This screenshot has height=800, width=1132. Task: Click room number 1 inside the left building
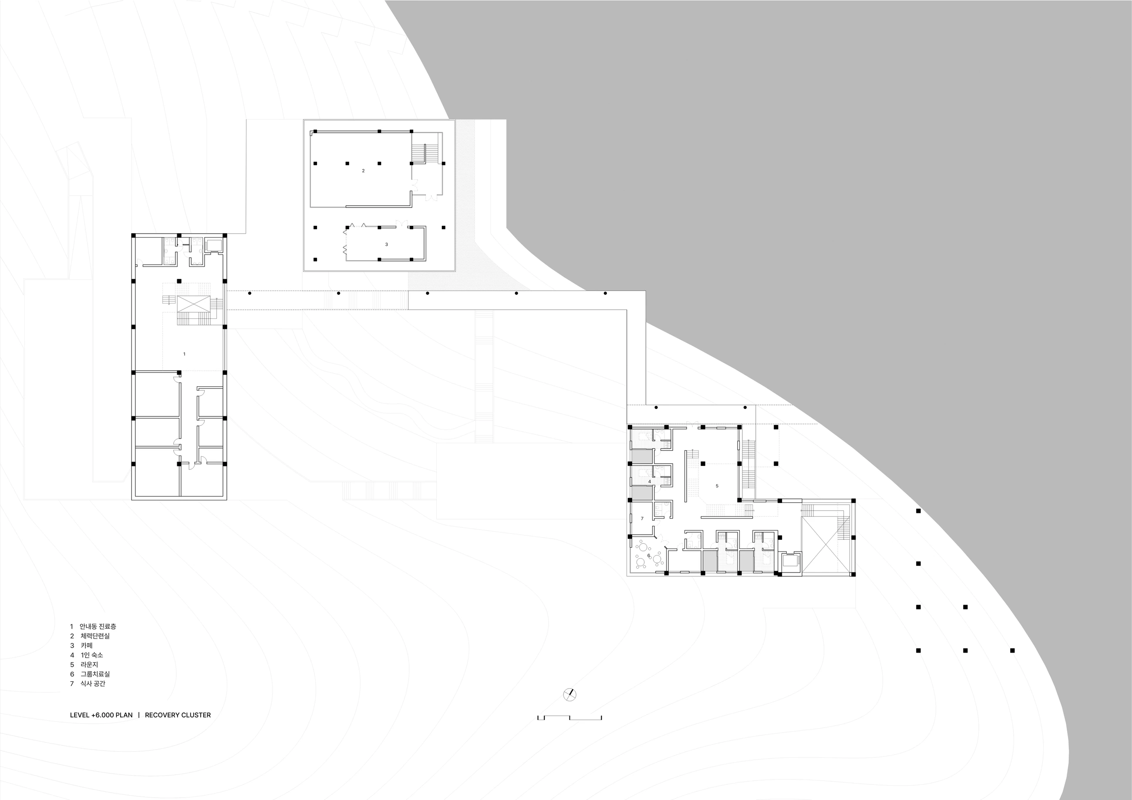point(185,354)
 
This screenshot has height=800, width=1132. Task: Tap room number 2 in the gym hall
point(364,171)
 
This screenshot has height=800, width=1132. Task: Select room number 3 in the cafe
point(387,244)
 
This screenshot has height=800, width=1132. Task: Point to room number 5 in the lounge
point(717,486)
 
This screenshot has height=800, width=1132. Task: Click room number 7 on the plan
point(642,518)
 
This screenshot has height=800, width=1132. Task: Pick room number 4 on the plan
point(649,482)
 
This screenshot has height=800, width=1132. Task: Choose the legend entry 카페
point(87,645)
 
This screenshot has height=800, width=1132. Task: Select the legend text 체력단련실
point(95,636)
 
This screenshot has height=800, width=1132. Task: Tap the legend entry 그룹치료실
point(95,674)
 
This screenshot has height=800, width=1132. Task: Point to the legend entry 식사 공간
point(93,684)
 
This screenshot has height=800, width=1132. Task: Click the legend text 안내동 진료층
point(98,626)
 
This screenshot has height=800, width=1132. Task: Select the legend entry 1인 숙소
point(92,655)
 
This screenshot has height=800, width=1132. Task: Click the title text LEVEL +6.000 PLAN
point(101,715)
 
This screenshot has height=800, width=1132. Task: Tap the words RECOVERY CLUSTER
point(178,715)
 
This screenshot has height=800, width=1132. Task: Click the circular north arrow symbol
point(569,695)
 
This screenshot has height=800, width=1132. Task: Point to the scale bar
point(569,717)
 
